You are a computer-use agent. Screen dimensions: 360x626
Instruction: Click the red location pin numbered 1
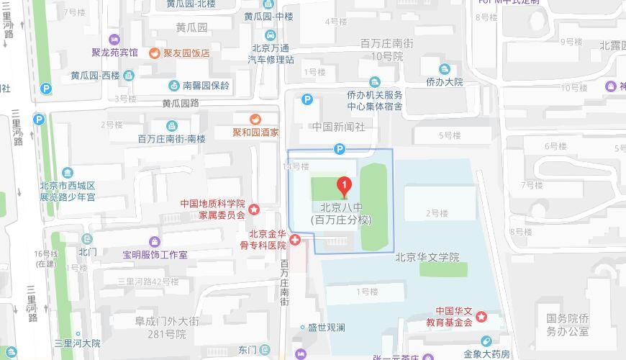tap(345, 187)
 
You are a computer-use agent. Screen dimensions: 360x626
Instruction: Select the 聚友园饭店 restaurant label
tap(186, 53)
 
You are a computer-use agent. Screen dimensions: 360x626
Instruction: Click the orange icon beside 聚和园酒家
tap(255, 119)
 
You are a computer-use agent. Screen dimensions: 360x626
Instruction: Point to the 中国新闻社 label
tap(338, 127)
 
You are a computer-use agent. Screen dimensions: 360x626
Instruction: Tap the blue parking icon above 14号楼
tap(340, 149)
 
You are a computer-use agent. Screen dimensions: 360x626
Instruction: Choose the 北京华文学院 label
tap(427, 257)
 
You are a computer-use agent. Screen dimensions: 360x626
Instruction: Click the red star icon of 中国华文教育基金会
tap(481, 317)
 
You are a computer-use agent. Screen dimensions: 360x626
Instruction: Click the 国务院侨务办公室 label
tap(567, 325)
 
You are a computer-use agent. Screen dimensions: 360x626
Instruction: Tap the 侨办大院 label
tap(444, 82)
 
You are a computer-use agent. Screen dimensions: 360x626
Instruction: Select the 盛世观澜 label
tap(326, 328)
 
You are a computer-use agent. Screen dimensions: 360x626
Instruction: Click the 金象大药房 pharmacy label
tap(486, 354)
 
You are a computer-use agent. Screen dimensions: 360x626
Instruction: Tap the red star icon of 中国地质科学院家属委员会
tap(254, 209)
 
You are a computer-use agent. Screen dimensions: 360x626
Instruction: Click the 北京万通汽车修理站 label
tap(271, 54)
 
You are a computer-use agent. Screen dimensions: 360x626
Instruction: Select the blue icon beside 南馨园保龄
tap(174, 85)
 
